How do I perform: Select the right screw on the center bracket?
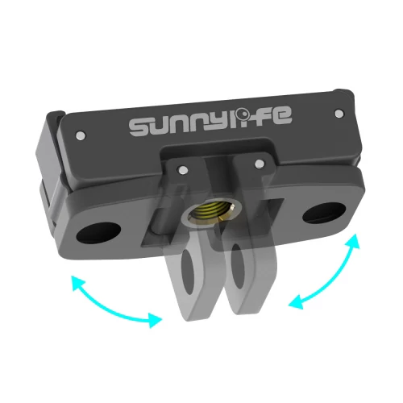(x=259, y=166)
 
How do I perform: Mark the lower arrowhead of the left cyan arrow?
(x=153, y=320)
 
